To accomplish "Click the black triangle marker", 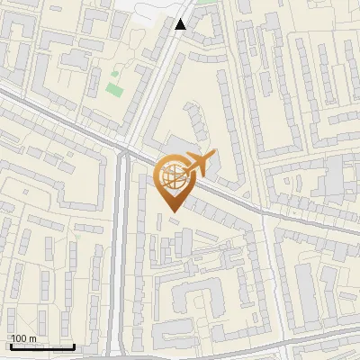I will point(181,24).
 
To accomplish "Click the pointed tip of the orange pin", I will point(173,211).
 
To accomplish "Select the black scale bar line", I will point(42,346).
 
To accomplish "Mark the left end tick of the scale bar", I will point(11,346).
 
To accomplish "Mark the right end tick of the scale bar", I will point(74,346).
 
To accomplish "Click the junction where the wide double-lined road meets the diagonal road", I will point(125,155).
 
